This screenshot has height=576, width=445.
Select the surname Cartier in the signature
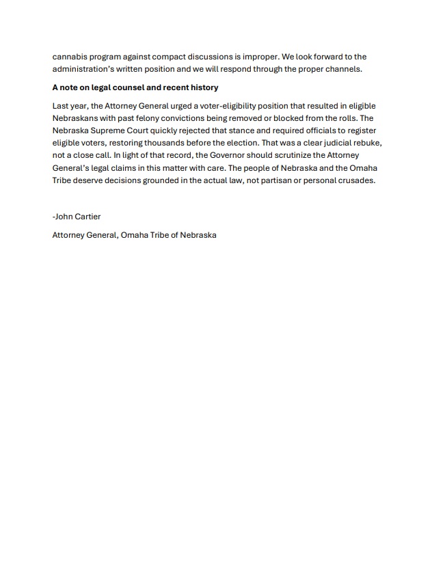pos(87,217)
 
